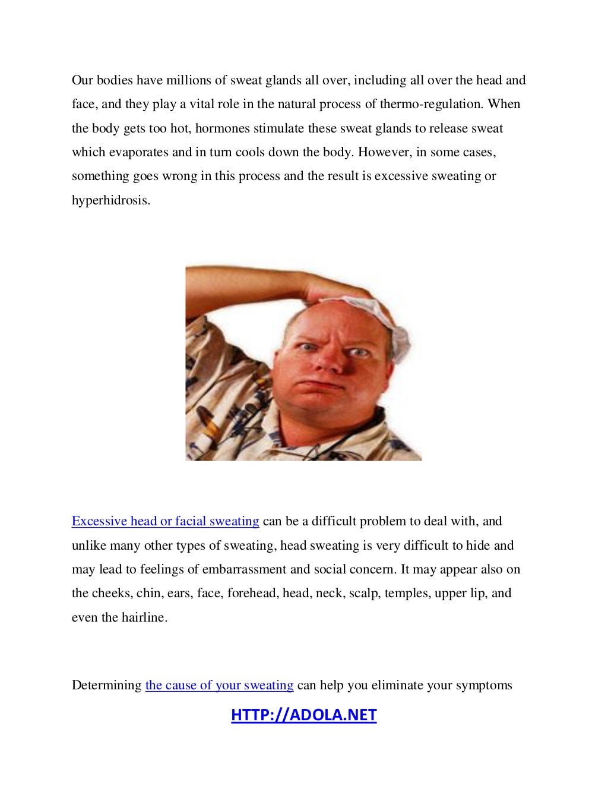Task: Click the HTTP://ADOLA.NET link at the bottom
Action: [x=303, y=714]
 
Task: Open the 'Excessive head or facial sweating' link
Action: [x=165, y=521]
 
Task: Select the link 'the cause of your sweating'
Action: [x=219, y=685]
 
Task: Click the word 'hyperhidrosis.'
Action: [x=111, y=200]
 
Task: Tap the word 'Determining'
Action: [x=106, y=685]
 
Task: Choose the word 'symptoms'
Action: [x=483, y=685]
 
